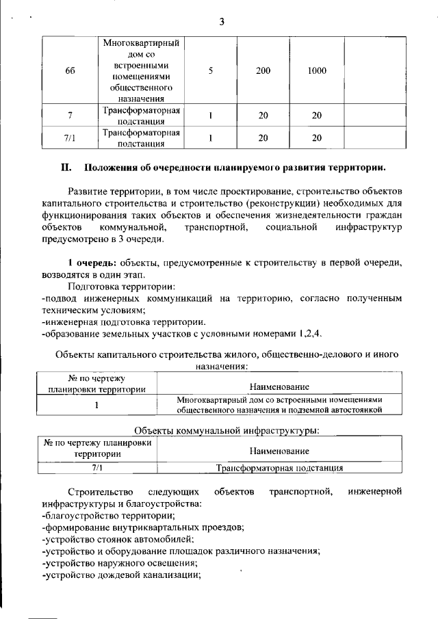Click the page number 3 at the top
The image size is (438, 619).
click(221, 21)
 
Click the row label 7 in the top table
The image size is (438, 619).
click(70, 116)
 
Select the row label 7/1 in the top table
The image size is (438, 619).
click(70, 138)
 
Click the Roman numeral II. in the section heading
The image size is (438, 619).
click(66, 167)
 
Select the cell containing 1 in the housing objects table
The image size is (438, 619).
click(96, 405)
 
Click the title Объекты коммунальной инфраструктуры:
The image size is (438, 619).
click(227, 431)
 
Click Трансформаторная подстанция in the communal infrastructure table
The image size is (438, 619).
click(279, 469)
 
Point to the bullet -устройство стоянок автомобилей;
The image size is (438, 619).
click(109, 539)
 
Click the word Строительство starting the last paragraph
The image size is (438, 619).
click(95, 492)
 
